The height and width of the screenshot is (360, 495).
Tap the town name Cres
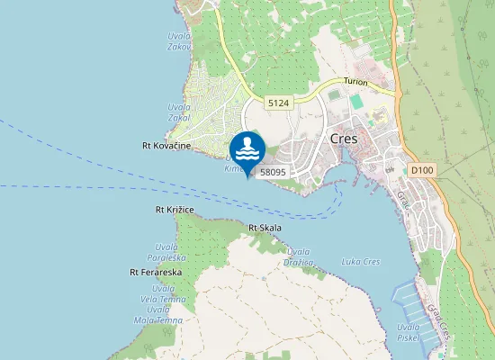coord(344,139)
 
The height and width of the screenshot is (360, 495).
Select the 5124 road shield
coord(278,104)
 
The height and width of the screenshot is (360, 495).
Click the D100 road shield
coord(420,168)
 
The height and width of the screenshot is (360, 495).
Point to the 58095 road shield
coord(273,170)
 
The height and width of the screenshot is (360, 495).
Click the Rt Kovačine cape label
coord(166,145)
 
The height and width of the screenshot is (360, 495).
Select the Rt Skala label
coord(265,228)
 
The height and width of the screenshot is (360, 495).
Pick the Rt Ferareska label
coord(156,271)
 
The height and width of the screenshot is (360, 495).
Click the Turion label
coord(355,82)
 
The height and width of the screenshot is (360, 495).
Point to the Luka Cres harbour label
coord(361,262)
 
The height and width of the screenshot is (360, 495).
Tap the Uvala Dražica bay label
coord(297,257)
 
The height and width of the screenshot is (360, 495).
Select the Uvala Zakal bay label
coord(178,111)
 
